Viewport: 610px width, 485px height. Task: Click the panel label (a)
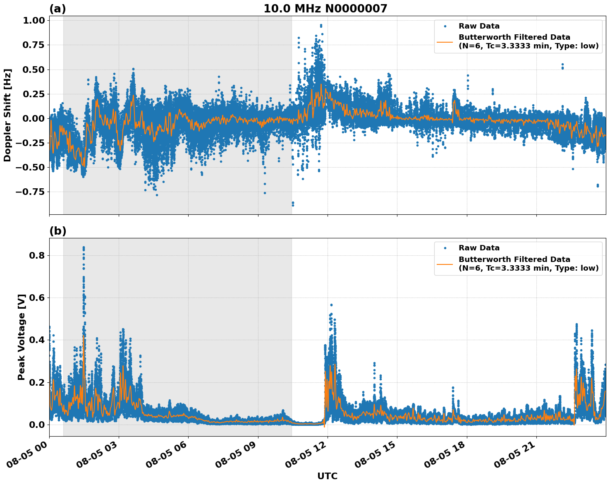(57, 9)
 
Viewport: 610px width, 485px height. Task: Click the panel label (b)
(57, 231)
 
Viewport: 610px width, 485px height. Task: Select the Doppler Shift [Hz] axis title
(7, 115)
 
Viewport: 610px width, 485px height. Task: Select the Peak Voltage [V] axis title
(22, 337)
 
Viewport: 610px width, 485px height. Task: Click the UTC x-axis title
(327, 476)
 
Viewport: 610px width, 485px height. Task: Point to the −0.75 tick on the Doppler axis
(32, 192)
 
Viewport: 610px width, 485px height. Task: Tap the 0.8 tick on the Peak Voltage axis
(37, 256)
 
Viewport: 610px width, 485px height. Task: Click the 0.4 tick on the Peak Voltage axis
(37, 340)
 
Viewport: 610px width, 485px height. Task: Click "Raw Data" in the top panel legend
(479, 26)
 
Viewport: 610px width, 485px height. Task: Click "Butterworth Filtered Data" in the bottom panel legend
(514, 259)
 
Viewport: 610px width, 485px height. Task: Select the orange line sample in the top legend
(445, 42)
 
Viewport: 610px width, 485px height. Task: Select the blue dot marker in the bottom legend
(445, 248)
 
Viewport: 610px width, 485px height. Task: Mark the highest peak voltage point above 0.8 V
(84, 247)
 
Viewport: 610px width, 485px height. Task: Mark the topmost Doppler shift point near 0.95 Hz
(321, 25)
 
